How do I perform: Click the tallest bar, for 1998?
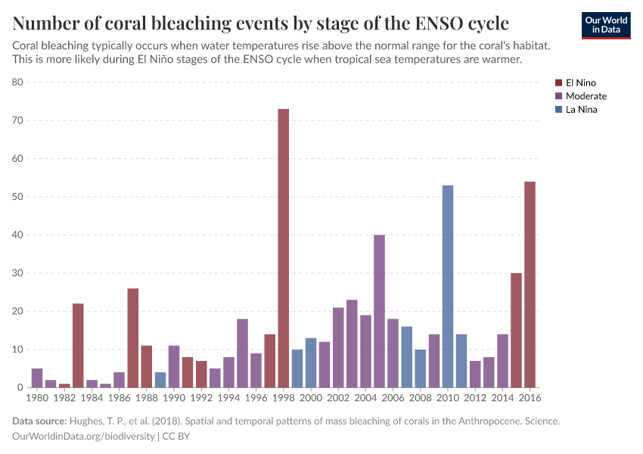coord(284,250)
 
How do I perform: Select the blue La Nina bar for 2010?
coord(448,288)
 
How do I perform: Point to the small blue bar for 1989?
coord(160,380)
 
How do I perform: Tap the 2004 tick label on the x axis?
coord(365,397)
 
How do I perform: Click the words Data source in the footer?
coord(39,421)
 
